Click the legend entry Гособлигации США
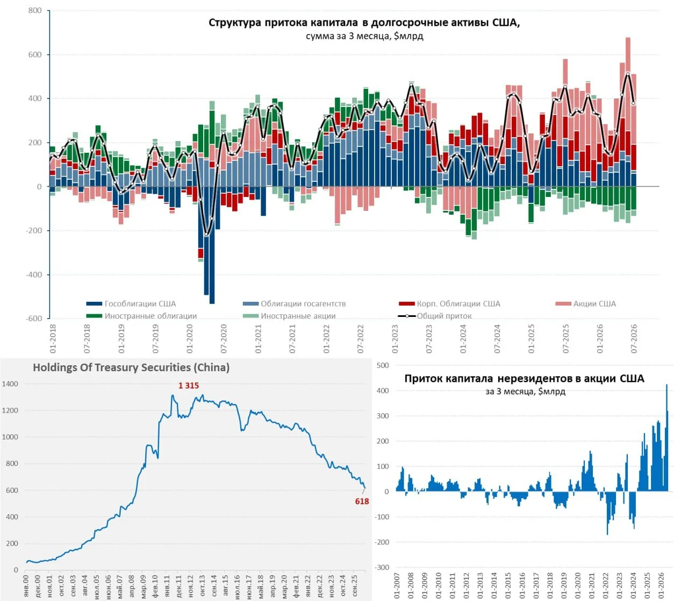pos(131,303)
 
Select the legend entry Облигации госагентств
pos(294,303)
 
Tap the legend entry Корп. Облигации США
pos(449,303)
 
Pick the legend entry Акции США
pos(585,303)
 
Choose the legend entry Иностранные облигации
pos(141,316)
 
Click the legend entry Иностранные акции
pos(289,316)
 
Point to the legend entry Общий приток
pos(435,316)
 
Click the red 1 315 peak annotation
pos(188,385)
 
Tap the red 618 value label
pos(362,501)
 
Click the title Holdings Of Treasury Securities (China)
pos(131,367)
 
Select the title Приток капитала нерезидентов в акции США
pos(524,378)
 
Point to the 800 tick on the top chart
pos(35,10)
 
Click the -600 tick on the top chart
pos(33,319)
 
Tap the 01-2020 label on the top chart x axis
pos(190,338)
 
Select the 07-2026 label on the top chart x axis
pos(634,338)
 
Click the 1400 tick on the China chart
pos(10,384)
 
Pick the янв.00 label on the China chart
pos(26,586)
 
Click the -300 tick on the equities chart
pos(382,567)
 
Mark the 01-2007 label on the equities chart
pos(397,586)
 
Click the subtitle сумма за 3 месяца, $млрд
pos(364,36)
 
